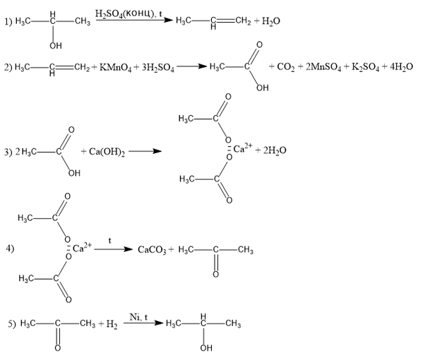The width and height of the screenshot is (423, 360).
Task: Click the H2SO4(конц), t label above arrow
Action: [129, 13]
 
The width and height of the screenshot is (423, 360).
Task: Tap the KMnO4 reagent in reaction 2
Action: [116, 68]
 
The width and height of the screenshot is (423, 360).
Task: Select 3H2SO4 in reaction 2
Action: [158, 68]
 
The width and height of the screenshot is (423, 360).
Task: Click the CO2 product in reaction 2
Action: [286, 67]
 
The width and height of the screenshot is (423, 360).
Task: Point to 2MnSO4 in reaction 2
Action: [323, 67]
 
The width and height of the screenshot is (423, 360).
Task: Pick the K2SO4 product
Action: [366, 67]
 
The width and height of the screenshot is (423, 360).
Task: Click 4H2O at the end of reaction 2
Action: [401, 66]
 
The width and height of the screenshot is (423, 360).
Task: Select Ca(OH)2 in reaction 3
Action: [107, 152]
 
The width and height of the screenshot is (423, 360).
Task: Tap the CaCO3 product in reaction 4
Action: [152, 250]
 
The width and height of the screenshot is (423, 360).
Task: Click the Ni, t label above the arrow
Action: [138, 317]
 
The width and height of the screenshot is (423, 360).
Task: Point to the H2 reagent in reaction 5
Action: [112, 324]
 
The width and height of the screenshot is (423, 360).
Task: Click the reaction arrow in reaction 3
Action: [145, 151]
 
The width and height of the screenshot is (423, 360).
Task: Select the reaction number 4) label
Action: [10, 248]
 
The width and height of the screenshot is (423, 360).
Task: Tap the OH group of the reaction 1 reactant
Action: [56, 46]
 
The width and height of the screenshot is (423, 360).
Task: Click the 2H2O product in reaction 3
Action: [275, 150]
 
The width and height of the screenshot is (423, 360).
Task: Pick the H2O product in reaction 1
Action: [271, 21]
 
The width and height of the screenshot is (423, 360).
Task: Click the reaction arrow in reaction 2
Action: [191, 66]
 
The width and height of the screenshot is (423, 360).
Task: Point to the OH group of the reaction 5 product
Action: [206, 348]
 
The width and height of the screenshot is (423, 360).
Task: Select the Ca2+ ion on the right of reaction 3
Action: [243, 148]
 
